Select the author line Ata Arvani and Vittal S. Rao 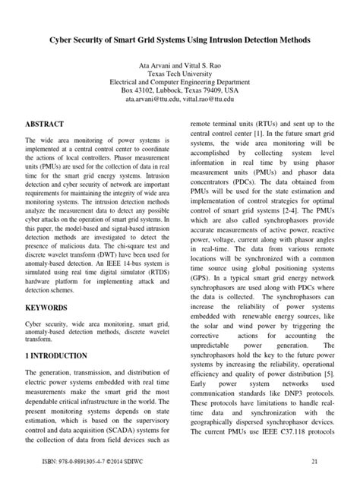point(180,68)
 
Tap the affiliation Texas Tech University point(180,77)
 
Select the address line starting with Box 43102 point(180,88)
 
